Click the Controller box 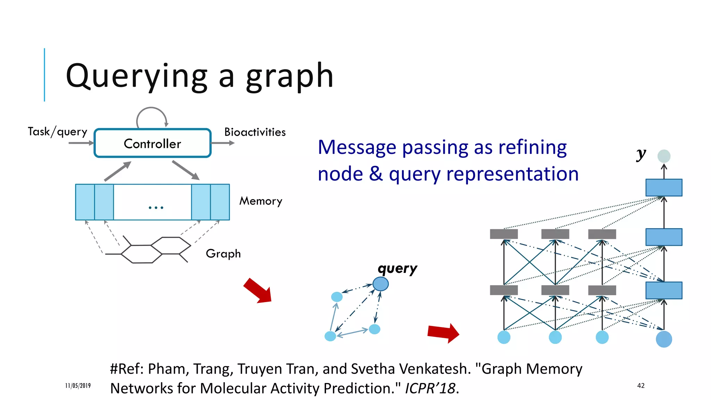pyautogui.click(x=152, y=143)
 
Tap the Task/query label pyautogui.click(x=57, y=132)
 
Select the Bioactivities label pyautogui.click(x=255, y=132)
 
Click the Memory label pyautogui.click(x=261, y=201)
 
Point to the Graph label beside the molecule pyautogui.click(x=223, y=254)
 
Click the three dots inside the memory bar pyautogui.click(x=156, y=208)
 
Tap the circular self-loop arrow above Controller pyautogui.click(x=151, y=116)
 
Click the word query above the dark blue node pyautogui.click(x=398, y=268)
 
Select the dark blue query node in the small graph pyautogui.click(x=380, y=284)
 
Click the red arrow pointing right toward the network pyautogui.click(x=443, y=333)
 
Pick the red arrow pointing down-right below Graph pyautogui.click(x=258, y=291)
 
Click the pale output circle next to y pyautogui.click(x=664, y=156)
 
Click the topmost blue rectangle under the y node pyautogui.click(x=664, y=187)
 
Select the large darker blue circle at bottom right pyautogui.click(x=664, y=339)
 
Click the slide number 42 pyautogui.click(x=641, y=385)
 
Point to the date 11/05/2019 pyautogui.click(x=78, y=385)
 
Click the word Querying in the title pyautogui.click(x=136, y=76)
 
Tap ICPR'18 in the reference pyautogui.click(x=430, y=388)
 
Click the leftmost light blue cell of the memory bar pyautogui.click(x=85, y=202)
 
